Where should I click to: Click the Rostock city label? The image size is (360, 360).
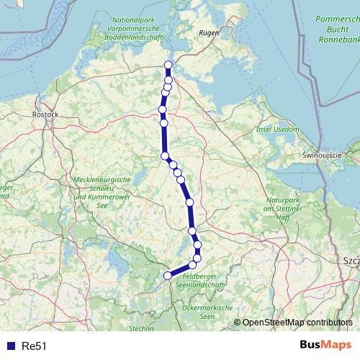[45, 114]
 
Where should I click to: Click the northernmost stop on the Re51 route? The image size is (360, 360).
[168, 66]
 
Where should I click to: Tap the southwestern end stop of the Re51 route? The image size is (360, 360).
[168, 275]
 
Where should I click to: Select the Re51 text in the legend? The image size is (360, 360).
[35, 346]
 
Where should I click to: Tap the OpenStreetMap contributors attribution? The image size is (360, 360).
[298, 322]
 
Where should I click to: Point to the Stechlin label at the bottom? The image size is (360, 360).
[143, 328]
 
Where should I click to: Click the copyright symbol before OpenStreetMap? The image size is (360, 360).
[238, 322]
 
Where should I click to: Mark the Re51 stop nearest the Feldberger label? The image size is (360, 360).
[192, 265]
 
